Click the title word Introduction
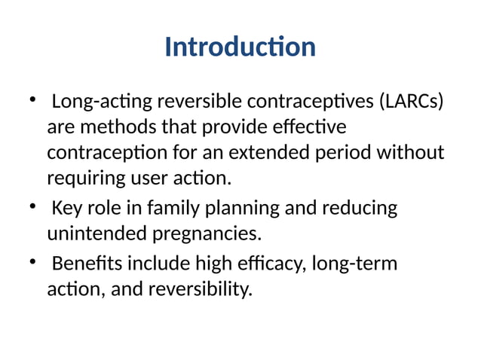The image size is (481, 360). [x=240, y=47]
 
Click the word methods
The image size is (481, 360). [x=111, y=127]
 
